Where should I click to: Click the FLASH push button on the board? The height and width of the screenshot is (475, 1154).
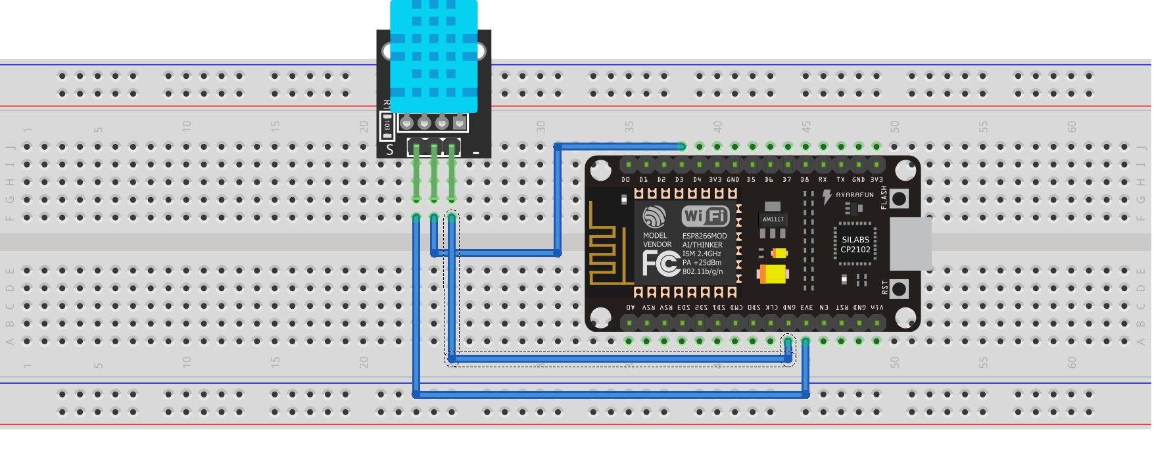[898, 198]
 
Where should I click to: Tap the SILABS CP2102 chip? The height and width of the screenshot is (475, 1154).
[855, 244]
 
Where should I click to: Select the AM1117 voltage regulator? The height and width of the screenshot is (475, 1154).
[773, 219]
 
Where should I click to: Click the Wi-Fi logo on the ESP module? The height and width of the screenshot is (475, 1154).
[705, 215]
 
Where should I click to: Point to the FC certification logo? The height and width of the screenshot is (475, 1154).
[660, 263]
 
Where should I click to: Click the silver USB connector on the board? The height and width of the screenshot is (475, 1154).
[910, 244]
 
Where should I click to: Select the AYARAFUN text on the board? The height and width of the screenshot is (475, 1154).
[854, 195]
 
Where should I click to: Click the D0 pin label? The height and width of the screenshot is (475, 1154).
[625, 179]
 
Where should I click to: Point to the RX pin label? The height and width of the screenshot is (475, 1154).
[823, 179]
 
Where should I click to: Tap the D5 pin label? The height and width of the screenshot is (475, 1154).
[751, 179]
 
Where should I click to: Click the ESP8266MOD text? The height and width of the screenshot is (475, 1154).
[704, 236]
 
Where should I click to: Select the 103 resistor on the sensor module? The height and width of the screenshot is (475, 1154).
[387, 125]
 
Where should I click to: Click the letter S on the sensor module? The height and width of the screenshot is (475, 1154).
[390, 150]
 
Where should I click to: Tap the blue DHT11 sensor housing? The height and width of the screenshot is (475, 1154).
[433, 56]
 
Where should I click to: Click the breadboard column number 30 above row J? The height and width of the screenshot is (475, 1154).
[541, 127]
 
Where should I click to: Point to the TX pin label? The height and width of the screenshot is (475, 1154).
[840, 179]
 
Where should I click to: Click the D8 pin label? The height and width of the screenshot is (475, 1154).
[805, 179]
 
